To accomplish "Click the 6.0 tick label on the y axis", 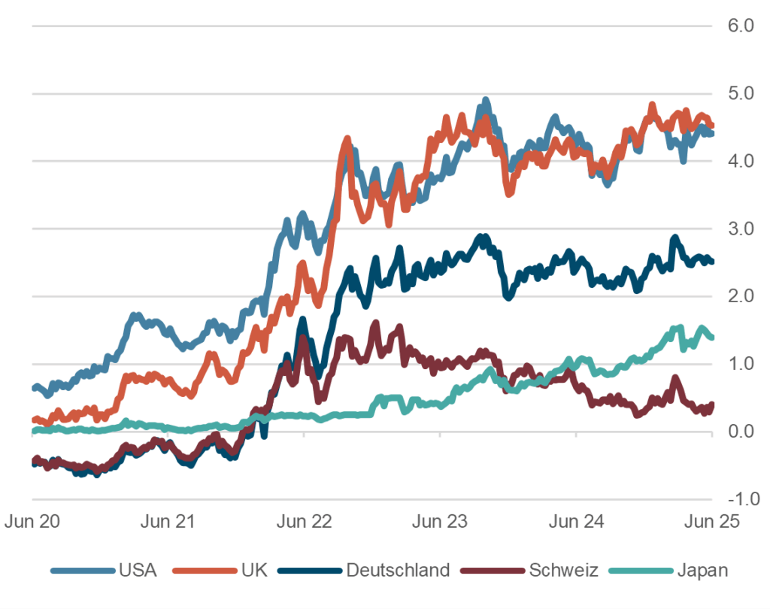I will [x=741, y=26].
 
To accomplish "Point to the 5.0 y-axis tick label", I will [x=741, y=94].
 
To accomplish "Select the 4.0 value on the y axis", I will [x=741, y=161].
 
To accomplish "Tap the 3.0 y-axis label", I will [x=741, y=229].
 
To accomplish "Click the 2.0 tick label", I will [x=741, y=296].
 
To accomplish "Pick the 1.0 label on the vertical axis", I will [x=741, y=364].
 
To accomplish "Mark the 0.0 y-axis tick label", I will [x=741, y=432].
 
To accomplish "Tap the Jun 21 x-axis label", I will [x=167, y=521].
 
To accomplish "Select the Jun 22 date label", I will [x=304, y=521].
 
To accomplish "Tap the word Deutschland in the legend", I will [x=398, y=570].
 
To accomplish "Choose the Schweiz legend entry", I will [x=563, y=570].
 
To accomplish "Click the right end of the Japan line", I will [x=711, y=338].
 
